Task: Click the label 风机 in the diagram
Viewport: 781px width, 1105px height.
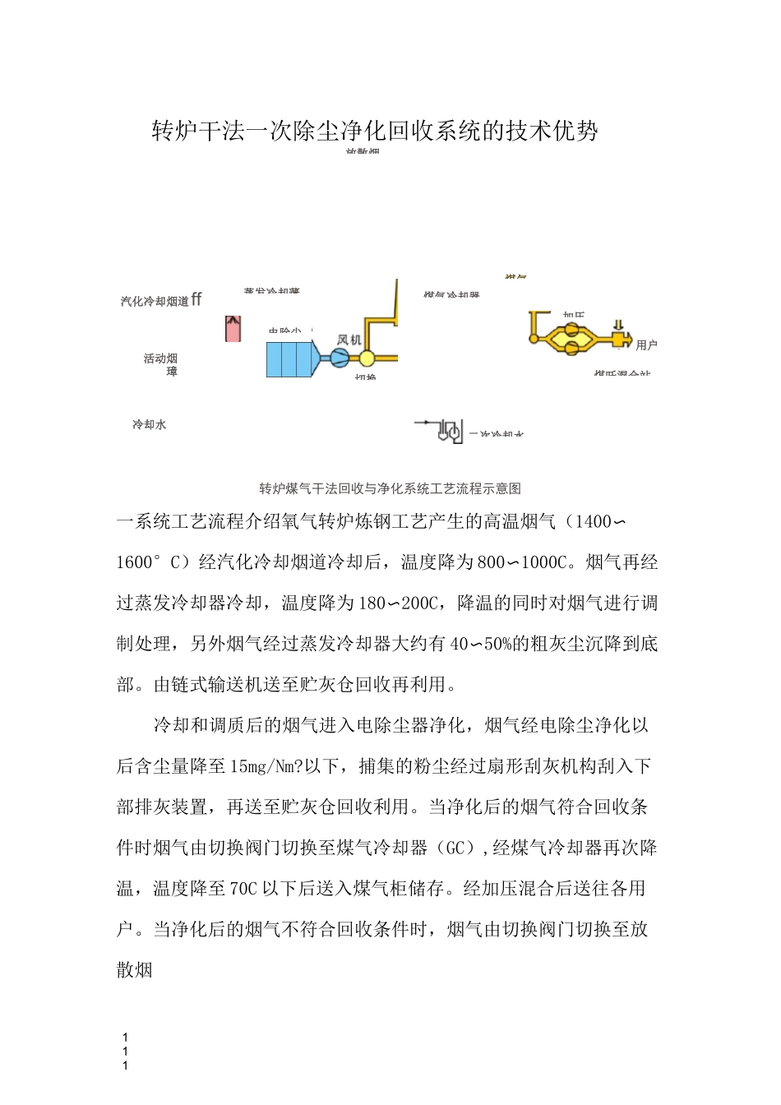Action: click(x=349, y=340)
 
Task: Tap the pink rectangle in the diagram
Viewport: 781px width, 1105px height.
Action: click(x=233, y=329)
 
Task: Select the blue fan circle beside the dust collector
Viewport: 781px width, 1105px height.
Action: click(x=340, y=358)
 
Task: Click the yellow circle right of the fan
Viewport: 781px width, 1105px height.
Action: click(x=367, y=358)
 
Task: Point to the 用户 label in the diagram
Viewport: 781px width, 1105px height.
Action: click(x=647, y=345)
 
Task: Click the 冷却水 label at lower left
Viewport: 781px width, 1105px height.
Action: click(x=150, y=425)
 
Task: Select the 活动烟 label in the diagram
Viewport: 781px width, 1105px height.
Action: click(x=160, y=358)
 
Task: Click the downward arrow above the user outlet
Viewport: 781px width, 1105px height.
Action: click(x=618, y=325)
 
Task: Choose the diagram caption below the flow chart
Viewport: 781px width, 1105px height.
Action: click(x=390, y=488)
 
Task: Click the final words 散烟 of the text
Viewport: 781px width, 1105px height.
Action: click(x=135, y=970)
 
